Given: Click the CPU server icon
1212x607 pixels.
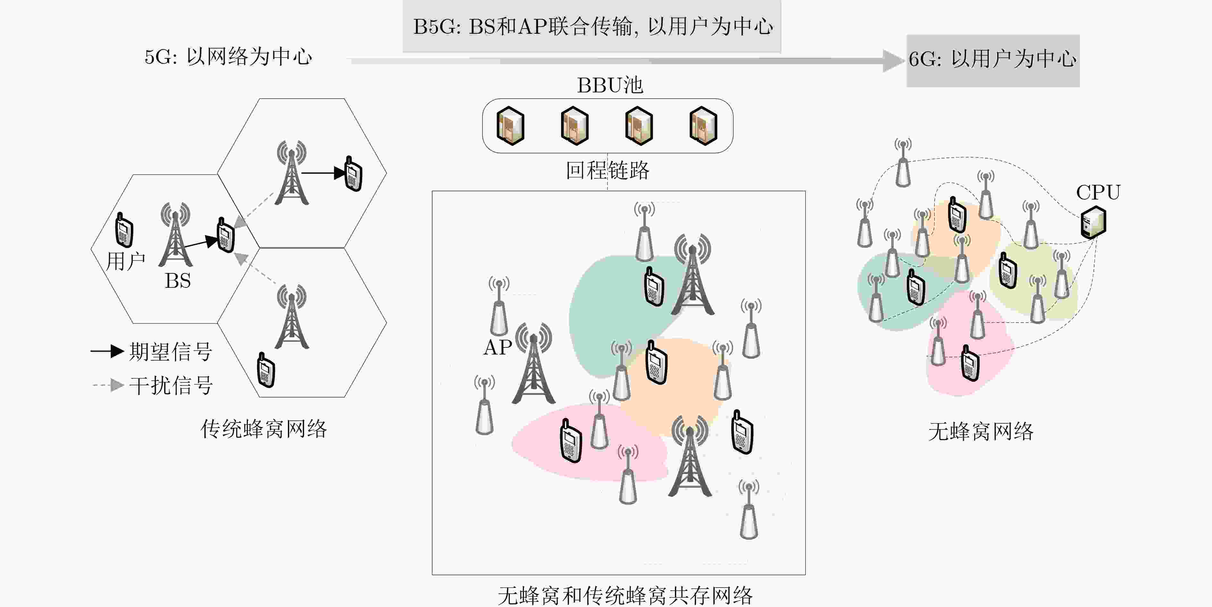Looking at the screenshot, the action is (x=1093, y=222).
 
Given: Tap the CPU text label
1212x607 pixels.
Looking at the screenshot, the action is (x=1098, y=192).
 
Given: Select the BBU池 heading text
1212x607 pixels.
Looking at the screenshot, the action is (x=610, y=85).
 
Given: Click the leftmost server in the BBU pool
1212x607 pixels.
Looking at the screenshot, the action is (x=510, y=126).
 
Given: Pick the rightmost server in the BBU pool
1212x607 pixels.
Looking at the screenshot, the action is (x=703, y=126).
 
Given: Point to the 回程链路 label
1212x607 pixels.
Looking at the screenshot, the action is (x=607, y=170).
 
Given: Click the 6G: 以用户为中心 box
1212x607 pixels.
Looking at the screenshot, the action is (x=993, y=60).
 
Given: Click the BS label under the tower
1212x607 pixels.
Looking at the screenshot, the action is (x=177, y=281).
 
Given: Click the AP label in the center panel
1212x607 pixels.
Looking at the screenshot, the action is (x=497, y=347).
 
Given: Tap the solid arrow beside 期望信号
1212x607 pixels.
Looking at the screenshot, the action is (x=107, y=351).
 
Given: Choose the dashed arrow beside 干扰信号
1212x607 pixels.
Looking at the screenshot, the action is (x=108, y=385).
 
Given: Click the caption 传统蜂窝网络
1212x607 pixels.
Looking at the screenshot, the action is (x=264, y=429).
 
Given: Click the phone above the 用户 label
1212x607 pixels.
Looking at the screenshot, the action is (x=124, y=230).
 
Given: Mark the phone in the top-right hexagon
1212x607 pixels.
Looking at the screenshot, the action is (x=353, y=174).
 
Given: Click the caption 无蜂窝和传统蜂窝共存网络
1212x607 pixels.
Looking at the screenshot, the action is (x=625, y=596).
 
